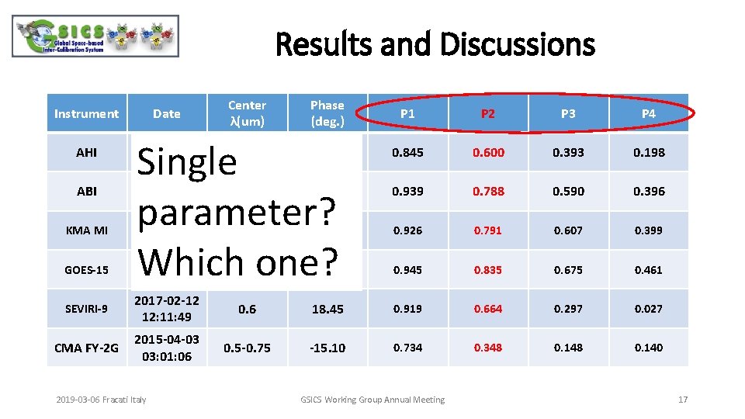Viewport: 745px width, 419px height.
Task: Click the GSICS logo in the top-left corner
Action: [x=95, y=36]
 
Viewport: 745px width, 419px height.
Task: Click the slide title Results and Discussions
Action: [x=435, y=44]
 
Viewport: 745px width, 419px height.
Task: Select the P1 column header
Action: [x=407, y=113]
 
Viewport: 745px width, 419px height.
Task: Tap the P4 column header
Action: [x=649, y=113]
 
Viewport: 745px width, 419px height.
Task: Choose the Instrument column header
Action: [x=86, y=113]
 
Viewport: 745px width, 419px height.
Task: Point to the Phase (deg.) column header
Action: [x=327, y=113]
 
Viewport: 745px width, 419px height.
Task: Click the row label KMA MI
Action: [x=86, y=230]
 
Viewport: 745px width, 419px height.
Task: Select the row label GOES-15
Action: [x=86, y=270]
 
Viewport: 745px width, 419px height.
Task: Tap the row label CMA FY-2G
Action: [x=86, y=348]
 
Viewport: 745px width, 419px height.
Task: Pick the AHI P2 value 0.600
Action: [x=488, y=152]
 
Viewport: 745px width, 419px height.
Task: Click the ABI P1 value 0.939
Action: [x=407, y=191]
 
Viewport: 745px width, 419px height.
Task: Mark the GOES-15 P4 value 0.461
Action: [x=649, y=270]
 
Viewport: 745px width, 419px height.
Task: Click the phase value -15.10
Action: [x=327, y=348]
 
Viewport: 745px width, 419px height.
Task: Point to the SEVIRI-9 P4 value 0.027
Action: [x=649, y=309]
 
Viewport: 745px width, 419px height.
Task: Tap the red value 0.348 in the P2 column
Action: [x=488, y=348]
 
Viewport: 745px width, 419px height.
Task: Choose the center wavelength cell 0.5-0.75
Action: [x=247, y=348]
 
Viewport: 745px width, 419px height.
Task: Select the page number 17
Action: [x=683, y=400]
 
